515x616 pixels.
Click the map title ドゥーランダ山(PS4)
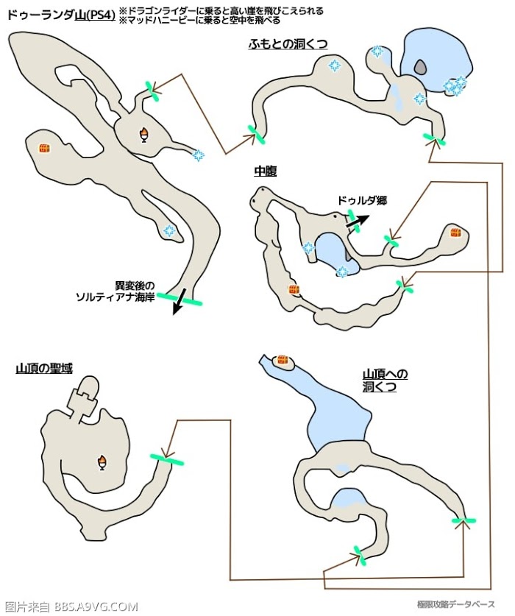coord(61,15)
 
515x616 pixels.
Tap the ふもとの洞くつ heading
coord(288,44)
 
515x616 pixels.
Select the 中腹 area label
coord(265,171)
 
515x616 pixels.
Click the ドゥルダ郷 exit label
coord(362,201)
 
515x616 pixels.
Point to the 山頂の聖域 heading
coord(44,368)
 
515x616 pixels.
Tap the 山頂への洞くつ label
coord(385,380)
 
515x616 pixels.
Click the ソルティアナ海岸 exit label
coord(116,292)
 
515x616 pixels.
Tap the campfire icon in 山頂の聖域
coord(102,462)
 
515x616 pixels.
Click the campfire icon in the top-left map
coord(144,135)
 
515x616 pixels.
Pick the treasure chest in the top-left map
coord(44,148)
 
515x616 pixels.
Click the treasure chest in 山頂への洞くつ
coord(283,360)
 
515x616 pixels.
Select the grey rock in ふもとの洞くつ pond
coord(420,68)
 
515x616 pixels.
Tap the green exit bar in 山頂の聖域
coord(166,460)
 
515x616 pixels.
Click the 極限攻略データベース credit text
coord(455,603)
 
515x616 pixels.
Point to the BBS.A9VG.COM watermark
coord(96,607)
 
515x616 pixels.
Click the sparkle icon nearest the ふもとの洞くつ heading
coord(334,66)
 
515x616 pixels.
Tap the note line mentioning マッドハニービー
coord(200,20)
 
